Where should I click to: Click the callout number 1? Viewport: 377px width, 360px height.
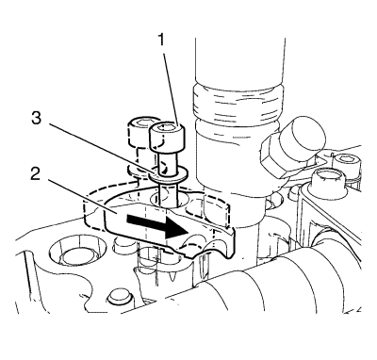click(x=161, y=41)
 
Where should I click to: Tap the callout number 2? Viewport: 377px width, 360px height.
click(x=35, y=173)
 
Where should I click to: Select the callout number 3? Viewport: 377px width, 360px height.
click(x=36, y=119)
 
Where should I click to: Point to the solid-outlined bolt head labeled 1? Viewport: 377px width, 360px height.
click(x=166, y=138)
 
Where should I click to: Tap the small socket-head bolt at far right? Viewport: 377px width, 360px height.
click(x=347, y=164)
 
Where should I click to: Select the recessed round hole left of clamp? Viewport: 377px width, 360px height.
click(x=75, y=254)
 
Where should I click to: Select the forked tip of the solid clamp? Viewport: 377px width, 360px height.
click(x=207, y=247)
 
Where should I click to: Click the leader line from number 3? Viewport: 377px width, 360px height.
click(x=98, y=147)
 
